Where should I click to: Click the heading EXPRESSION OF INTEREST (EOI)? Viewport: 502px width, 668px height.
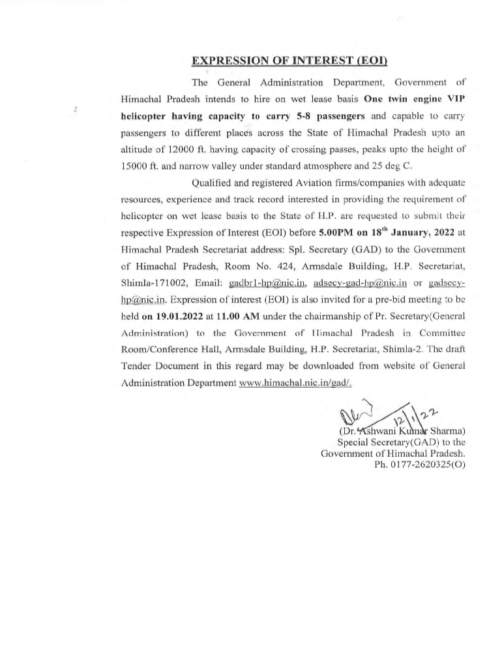[289, 61]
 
